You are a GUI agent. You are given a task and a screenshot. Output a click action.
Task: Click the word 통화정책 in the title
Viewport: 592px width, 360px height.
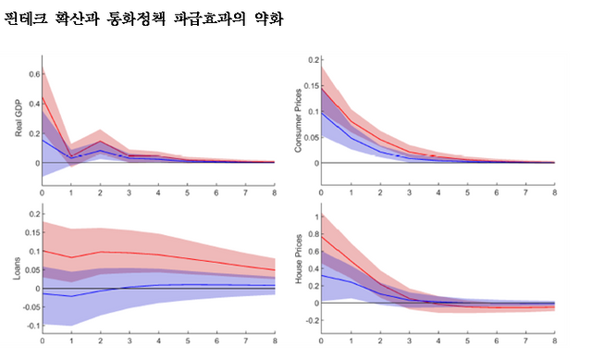click(141, 18)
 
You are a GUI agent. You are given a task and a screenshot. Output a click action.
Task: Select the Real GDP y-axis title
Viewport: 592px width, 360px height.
click(18, 119)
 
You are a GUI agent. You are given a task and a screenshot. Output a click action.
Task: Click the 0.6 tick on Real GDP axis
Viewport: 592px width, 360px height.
click(32, 73)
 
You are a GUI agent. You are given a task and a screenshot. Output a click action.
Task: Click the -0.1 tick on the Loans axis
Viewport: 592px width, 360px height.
click(31, 326)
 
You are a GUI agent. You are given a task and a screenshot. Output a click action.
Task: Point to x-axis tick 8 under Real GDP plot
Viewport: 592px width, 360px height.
click(276, 193)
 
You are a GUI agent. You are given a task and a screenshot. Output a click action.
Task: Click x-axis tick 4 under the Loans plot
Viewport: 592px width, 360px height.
click(159, 341)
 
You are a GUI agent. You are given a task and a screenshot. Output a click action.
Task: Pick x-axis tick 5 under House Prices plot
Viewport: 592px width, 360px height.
click(466, 341)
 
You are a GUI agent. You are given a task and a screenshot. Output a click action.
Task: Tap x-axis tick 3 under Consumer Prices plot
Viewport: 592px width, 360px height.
click(408, 193)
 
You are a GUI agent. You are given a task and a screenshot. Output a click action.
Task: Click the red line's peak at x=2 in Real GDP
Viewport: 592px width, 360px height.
click(100, 142)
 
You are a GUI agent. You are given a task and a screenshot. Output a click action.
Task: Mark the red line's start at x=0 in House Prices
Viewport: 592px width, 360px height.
click(320, 237)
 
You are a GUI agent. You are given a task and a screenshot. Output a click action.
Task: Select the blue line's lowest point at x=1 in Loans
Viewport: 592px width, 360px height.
click(71, 296)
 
